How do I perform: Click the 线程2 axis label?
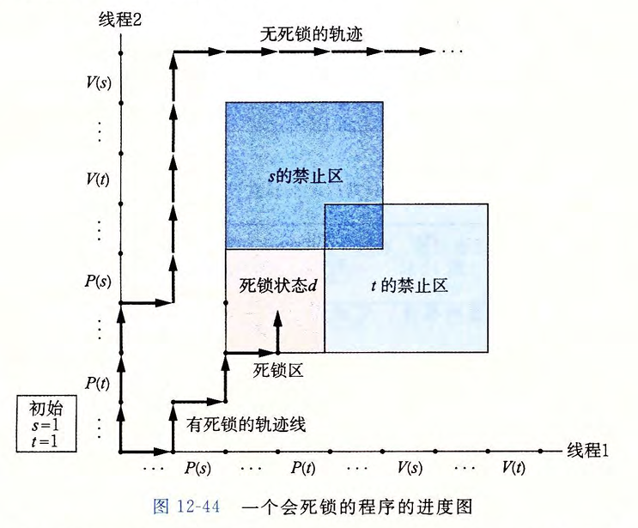pyautogui.click(x=120, y=19)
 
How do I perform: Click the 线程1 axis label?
pyautogui.click(x=587, y=451)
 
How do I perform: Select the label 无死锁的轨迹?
pyautogui.click(x=311, y=34)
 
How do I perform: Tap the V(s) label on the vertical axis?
pyautogui.click(x=99, y=82)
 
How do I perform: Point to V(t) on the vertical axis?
pyautogui.click(x=98, y=179)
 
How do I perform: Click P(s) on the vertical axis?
pyautogui.click(x=98, y=281)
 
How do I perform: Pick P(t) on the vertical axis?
pyautogui.click(x=97, y=383)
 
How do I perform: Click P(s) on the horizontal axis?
pyautogui.click(x=197, y=468)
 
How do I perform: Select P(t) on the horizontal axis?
pyautogui.click(x=303, y=468)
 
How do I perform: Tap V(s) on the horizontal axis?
pyautogui.click(x=410, y=468)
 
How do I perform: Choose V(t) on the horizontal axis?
pyautogui.click(x=513, y=468)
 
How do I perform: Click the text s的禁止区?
pyautogui.click(x=305, y=176)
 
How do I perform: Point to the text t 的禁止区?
pyautogui.click(x=410, y=286)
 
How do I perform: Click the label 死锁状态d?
pyautogui.click(x=278, y=286)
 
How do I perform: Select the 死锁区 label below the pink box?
pyautogui.click(x=278, y=370)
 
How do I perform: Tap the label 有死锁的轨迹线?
pyautogui.click(x=246, y=425)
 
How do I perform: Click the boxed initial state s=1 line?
pyautogui.click(x=46, y=426)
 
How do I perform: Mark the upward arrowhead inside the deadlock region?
pyautogui.click(x=278, y=318)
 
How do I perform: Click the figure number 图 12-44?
pyautogui.click(x=186, y=507)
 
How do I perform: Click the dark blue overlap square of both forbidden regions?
pyautogui.click(x=354, y=226)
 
